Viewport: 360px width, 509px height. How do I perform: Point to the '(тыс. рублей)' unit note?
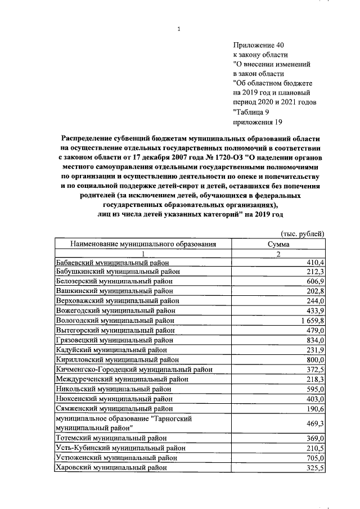pyautogui.click(x=302, y=234)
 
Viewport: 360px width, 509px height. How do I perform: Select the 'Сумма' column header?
pyautogui.click(x=279, y=244)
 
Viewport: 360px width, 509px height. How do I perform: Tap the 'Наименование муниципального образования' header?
pyautogui.click(x=143, y=244)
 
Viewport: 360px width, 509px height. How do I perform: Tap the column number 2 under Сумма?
pyautogui.click(x=279, y=253)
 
